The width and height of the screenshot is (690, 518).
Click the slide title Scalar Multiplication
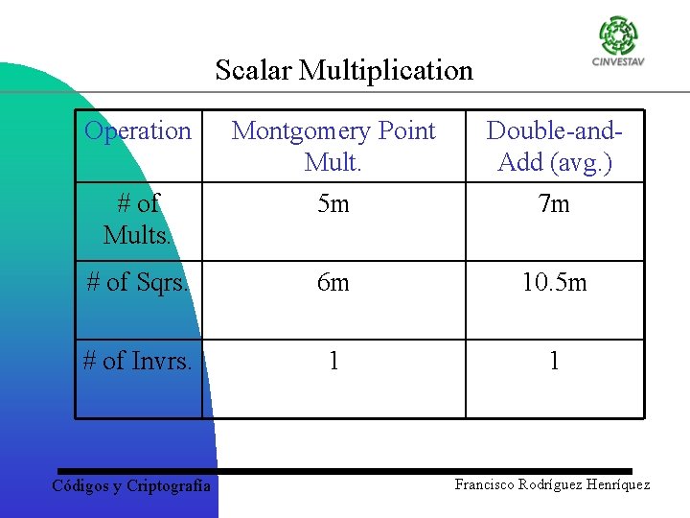[344, 70]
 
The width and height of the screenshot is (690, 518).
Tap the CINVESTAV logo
[618, 42]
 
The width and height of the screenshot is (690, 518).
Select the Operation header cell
[138, 130]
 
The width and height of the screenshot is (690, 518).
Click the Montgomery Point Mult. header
[333, 146]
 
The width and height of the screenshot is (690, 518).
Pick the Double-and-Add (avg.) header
[555, 146]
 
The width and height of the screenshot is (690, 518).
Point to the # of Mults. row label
[138, 219]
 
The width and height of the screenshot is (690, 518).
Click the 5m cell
[333, 203]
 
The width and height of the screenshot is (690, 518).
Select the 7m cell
[555, 203]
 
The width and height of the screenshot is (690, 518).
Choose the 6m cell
[333, 282]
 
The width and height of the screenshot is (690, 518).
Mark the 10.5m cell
[555, 282]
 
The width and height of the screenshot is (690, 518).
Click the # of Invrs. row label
[138, 361]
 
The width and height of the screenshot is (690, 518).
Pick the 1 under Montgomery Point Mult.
[333, 361]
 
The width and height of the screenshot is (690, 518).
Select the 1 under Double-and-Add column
[555, 361]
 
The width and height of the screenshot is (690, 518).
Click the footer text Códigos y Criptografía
[130, 486]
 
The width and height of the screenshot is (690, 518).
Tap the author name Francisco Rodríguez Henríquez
[552, 484]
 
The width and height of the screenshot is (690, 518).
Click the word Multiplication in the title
[386, 70]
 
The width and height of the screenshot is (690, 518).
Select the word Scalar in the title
[253, 70]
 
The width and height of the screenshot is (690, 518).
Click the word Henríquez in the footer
[616, 484]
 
